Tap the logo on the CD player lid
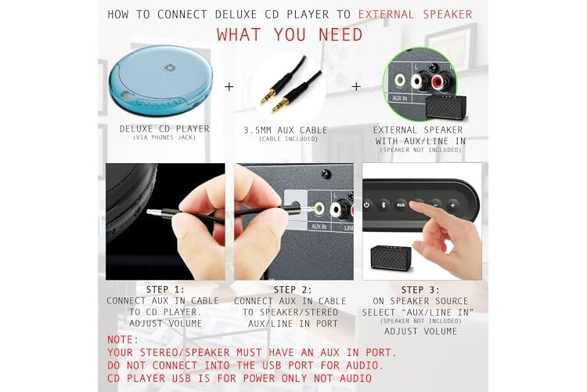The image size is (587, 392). [x=171, y=67]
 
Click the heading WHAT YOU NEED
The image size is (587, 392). [x=290, y=34]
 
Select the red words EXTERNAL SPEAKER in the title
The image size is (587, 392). [x=415, y=15]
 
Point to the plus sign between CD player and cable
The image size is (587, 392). [x=229, y=87]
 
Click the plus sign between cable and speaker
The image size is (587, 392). [x=356, y=87]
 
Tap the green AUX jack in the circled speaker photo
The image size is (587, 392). [x=400, y=80]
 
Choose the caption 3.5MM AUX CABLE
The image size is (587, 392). [x=286, y=130]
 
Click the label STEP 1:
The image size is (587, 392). [x=165, y=289]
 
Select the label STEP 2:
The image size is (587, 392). [x=293, y=290]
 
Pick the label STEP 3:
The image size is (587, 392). [x=420, y=290]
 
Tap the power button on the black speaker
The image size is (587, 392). [x=366, y=205]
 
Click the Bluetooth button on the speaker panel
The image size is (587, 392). [x=384, y=205]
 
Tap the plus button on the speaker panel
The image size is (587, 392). [x=452, y=205]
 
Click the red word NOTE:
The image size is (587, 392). [x=123, y=339]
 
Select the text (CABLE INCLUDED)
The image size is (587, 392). [x=288, y=140]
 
